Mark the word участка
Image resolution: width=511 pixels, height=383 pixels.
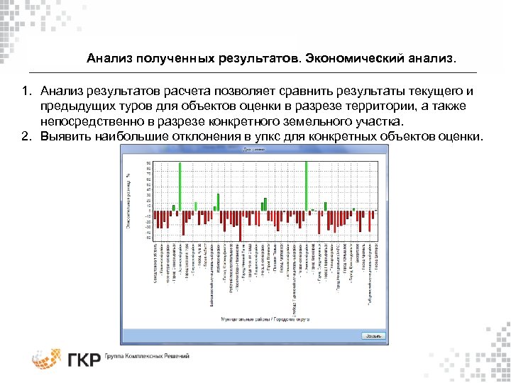point(387,122)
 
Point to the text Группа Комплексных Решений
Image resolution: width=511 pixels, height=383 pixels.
point(145,356)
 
